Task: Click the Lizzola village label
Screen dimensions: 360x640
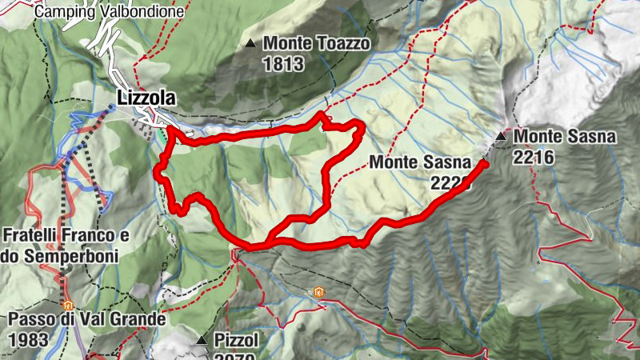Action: pos(146,98)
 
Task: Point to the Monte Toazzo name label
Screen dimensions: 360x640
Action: pos(317,43)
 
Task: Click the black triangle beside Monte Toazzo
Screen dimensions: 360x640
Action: pos(252,43)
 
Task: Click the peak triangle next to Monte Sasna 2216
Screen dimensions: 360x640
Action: pos(501,136)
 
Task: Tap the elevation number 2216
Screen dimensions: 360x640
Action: pos(534,158)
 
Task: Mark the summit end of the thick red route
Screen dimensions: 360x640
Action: pos(484,163)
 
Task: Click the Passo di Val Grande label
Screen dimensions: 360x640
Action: pos(86,319)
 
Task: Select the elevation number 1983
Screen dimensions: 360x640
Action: pos(30,339)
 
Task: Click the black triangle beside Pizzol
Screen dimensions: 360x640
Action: pos(202,341)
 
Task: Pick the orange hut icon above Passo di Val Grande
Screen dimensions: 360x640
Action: pos(69,305)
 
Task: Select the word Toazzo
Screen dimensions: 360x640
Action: pos(342,43)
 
